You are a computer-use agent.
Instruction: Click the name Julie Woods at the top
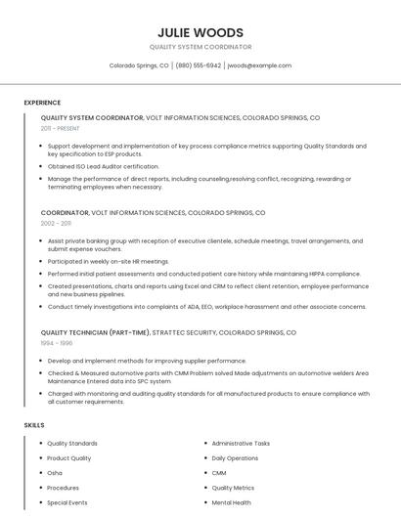click(200, 32)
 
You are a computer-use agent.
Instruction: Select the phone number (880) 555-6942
click(199, 65)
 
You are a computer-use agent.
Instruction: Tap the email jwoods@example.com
click(259, 65)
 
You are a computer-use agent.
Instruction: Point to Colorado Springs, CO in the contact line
click(139, 65)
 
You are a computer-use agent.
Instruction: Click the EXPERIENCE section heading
click(42, 103)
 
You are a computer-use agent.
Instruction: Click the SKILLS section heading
click(34, 425)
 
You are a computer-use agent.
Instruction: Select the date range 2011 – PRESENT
click(61, 128)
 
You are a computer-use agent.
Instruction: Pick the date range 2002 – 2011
click(56, 223)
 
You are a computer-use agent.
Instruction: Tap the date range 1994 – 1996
click(57, 343)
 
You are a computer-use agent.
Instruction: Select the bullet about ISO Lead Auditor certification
click(103, 166)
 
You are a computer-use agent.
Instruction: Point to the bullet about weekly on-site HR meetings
click(108, 261)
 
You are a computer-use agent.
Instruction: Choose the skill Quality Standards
click(72, 443)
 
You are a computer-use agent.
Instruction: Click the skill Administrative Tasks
click(241, 443)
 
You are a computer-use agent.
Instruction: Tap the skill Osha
click(55, 472)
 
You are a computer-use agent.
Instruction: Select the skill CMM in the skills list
click(219, 472)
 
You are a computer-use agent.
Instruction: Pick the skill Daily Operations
click(235, 457)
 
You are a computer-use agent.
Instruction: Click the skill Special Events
click(67, 502)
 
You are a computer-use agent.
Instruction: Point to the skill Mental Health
click(231, 502)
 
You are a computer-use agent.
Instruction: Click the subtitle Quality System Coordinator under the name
click(200, 47)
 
